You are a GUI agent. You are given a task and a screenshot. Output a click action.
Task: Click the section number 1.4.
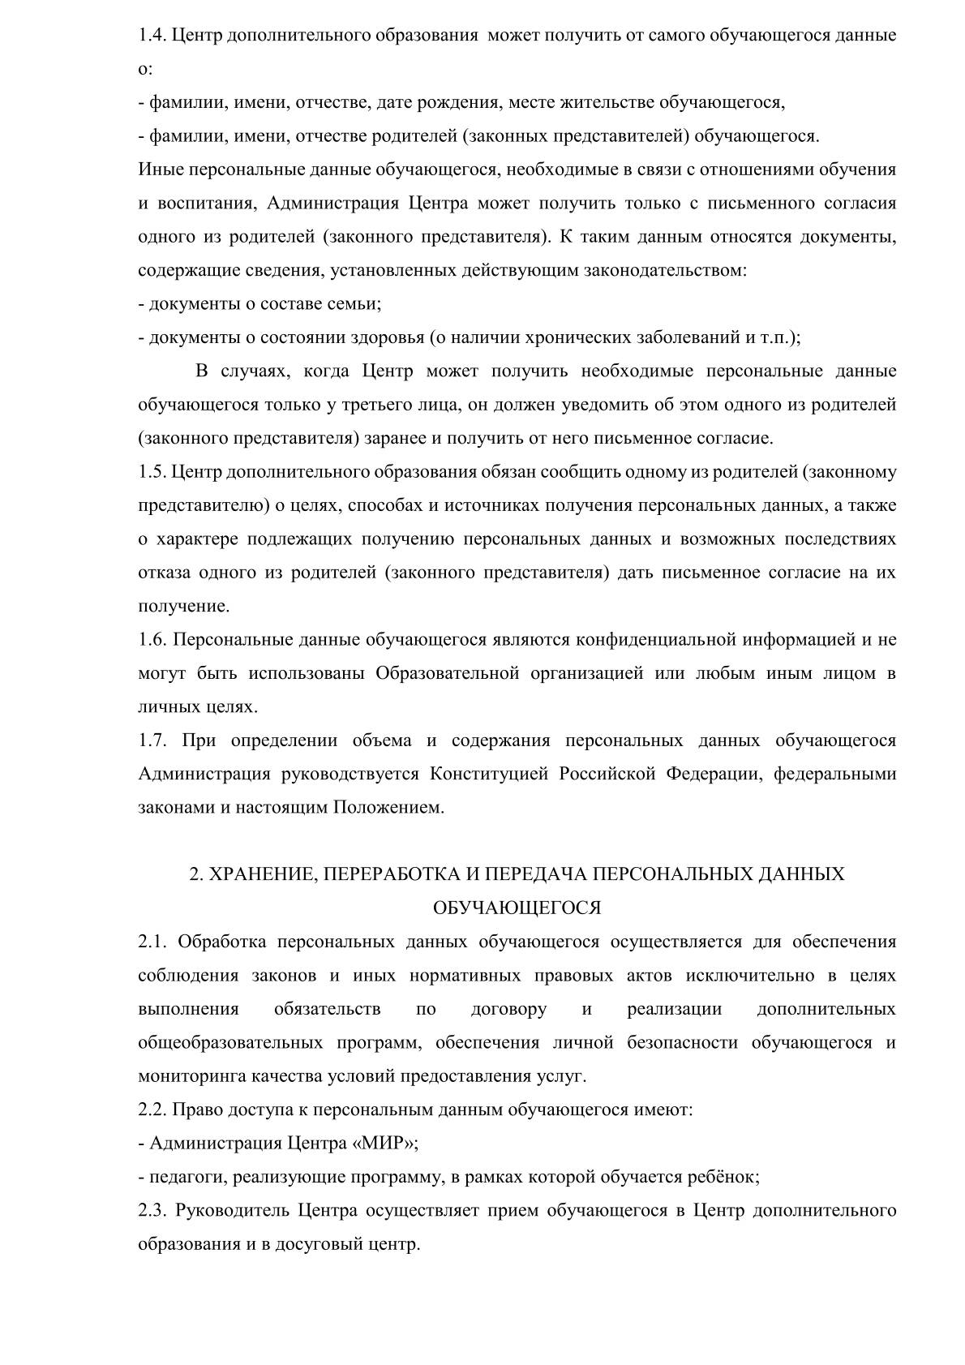click(152, 36)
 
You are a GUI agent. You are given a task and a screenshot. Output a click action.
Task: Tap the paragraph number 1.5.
click(152, 472)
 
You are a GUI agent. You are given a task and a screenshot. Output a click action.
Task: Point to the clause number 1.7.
click(152, 740)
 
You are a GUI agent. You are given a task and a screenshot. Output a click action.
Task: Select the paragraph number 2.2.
click(152, 1110)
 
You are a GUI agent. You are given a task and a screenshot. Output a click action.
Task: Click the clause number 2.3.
click(152, 1211)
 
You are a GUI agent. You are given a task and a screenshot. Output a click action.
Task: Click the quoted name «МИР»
click(384, 1144)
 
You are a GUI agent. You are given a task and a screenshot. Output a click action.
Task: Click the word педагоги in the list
click(179, 1177)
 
